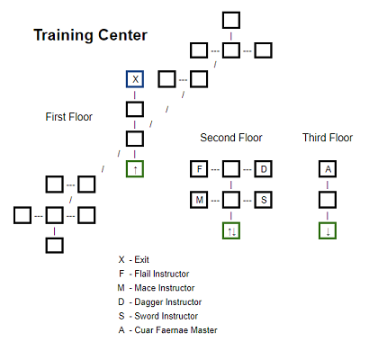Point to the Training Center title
pyautogui.click(x=90, y=35)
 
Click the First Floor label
pyautogui.click(x=68, y=117)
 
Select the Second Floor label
pyautogui.click(x=231, y=138)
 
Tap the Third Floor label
pyautogui.click(x=328, y=138)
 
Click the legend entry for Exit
pyautogui.click(x=134, y=259)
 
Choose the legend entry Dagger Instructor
pyautogui.click(x=160, y=301)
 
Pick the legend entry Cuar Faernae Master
pyautogui.click(x=167, y=330)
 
